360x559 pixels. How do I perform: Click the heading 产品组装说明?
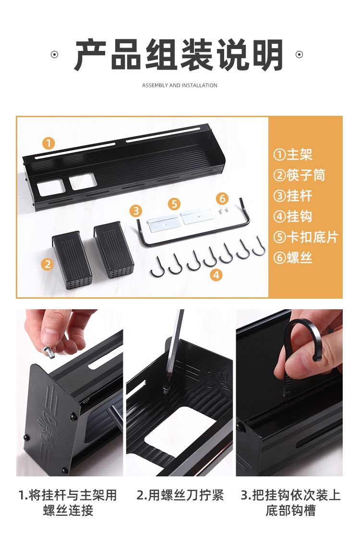tap(179, 55)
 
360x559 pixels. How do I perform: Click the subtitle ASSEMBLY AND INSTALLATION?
tap(180, 85)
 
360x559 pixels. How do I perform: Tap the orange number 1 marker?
tap(48, 143)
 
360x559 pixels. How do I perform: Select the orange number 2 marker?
tap(47, 264)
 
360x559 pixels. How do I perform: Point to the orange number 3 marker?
tap(135, 211)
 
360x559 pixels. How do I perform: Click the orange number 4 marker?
tap(216, 275)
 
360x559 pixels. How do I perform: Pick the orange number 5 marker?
tap(174, 204)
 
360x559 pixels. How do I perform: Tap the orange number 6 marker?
tap(222, 198)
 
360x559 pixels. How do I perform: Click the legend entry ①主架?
tap(293, 154)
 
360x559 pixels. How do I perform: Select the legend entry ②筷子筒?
tap(299, 175)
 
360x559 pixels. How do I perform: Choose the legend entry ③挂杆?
tap(293, 196)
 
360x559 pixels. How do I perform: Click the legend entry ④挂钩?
tap(293, 217)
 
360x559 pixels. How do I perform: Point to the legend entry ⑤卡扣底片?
tap(305, 237)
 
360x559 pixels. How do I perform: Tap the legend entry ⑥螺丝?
tap(293, 258)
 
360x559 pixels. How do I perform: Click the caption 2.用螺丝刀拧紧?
tap(180, 495)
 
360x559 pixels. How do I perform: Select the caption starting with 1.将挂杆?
tap(68, 503)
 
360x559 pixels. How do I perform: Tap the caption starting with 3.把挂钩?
tap(290, 503)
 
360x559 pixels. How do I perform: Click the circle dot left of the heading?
tap(55, 55)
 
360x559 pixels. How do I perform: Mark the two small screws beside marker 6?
tap(223, 211)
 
